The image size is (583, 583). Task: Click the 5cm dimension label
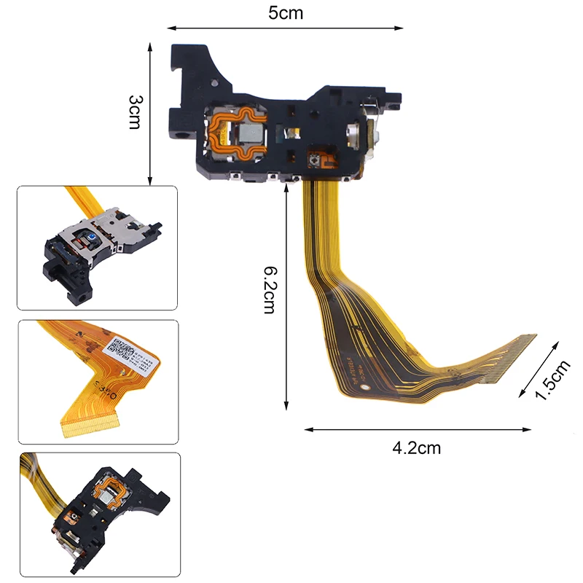(285, 13)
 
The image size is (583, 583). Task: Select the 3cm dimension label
(136, 111)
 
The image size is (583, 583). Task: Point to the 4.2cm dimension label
(416, 447)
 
